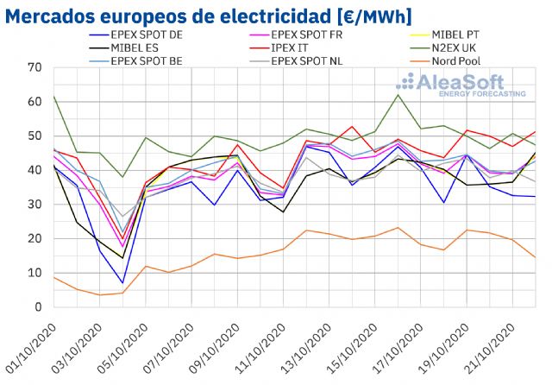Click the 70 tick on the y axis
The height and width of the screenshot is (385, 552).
34,67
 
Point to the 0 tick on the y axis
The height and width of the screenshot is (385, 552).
37,306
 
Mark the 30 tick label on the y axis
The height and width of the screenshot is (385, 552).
34,204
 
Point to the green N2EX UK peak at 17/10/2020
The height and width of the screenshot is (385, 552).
398,94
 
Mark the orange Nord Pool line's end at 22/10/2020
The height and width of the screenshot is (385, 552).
535,257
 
